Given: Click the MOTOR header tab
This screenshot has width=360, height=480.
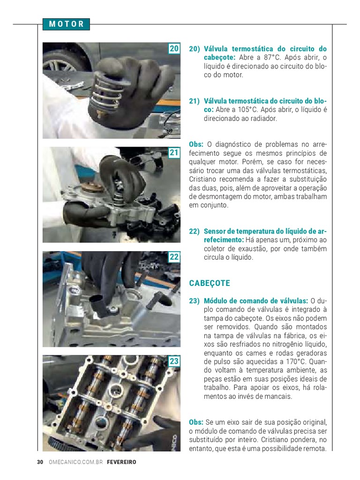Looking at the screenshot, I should coord(66,24).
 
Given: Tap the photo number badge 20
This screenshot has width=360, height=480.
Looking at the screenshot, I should coord(174,49).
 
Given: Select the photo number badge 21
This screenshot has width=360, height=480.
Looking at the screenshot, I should coord(174,153).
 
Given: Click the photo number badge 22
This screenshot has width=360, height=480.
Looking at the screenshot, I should coord(174,257).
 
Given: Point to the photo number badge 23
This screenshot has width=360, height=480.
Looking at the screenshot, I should coord(174,361).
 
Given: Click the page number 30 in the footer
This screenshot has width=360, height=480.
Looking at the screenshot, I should coord(40,462).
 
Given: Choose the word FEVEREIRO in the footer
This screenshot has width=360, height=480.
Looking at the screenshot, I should coord(121,462).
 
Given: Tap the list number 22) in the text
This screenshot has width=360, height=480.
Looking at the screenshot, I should coord(195,231).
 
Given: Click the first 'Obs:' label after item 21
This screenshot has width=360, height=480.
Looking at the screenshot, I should coord(196,144).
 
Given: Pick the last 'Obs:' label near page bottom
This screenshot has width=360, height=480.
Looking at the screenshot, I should coord(196,422).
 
